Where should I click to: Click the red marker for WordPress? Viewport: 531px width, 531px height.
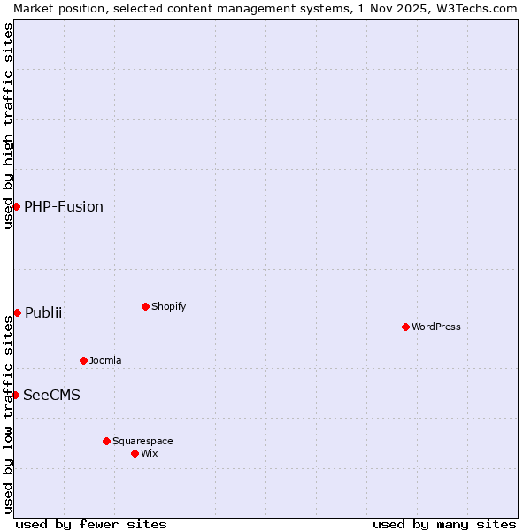405,327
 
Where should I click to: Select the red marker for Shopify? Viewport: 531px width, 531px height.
145,306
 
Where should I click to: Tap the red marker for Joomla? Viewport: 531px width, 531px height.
83,360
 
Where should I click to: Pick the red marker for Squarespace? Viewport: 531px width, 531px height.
106,441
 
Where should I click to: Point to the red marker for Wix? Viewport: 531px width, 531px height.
135,453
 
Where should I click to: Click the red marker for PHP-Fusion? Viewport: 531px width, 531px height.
16,206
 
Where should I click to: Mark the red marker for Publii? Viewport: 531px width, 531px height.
17,312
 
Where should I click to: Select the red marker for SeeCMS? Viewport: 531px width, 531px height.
15,395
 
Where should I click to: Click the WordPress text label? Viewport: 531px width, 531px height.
436,327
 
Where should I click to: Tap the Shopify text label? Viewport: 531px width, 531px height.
169,306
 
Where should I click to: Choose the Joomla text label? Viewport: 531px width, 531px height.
105,360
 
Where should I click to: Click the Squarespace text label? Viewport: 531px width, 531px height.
142,441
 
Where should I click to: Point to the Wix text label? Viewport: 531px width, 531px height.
149,453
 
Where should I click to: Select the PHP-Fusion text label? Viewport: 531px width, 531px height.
64,206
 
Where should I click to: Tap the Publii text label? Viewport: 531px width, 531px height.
43,312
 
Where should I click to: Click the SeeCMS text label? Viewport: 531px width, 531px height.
51,395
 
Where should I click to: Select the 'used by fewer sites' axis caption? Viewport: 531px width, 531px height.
91,524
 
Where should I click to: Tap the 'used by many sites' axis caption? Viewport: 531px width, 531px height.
444,524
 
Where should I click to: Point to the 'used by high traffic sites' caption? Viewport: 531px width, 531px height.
8,126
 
